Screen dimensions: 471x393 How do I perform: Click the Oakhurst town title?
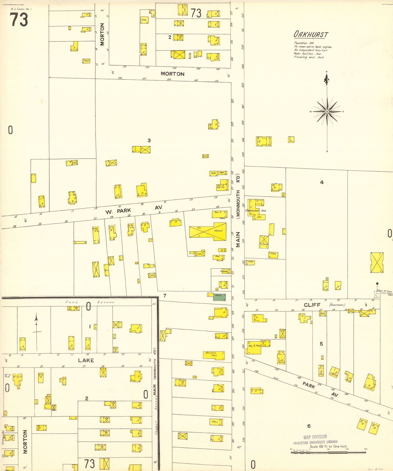point(311,34)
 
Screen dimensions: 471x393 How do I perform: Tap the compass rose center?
point(327,112)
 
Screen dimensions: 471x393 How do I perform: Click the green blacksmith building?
point(219,297)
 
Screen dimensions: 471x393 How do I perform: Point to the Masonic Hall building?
point(214,355)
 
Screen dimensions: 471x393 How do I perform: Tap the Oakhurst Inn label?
point(256,210)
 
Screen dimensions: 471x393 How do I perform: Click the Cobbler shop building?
point(224,271)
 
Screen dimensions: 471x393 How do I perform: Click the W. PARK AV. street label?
point(134,209)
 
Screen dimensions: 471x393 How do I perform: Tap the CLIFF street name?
point(312,305)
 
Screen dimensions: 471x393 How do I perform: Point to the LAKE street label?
point(86,360)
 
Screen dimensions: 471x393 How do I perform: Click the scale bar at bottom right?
point(328,452)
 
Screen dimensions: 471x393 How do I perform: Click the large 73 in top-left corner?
point(19,20)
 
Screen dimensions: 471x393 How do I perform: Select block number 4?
point(322,183)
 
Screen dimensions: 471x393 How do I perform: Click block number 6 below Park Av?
point(309,426)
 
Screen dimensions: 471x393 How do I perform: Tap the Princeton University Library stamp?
point(315,440)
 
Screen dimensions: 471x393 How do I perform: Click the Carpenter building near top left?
point(86,61)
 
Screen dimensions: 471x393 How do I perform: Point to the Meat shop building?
point(222,173)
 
